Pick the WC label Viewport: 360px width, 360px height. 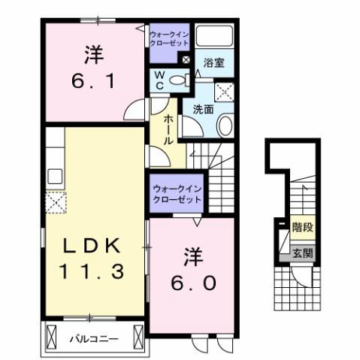[x=160, y=80]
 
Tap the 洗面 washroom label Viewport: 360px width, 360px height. [x=203, y=109]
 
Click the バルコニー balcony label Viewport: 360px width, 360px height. [x=94, y=339]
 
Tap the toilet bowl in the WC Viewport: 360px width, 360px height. [x=177, y=80]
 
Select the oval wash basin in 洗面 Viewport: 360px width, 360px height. [x=225, y=126]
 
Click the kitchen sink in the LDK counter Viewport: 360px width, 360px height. [x=55, y=177]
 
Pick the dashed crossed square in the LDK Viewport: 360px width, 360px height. [x=56, y=202]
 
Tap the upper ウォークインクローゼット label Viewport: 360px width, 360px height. [x=169, y=39]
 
